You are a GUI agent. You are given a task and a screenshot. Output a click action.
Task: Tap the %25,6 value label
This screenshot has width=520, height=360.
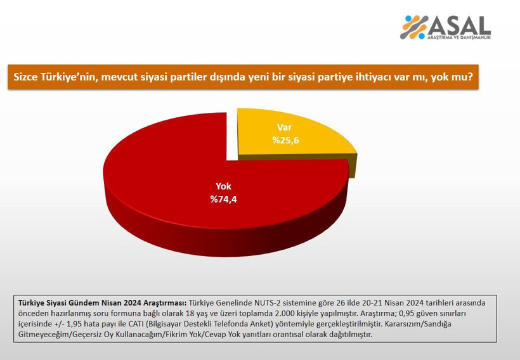click(285, 140)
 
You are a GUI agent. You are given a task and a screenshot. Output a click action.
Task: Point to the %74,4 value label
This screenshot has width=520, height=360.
click(223, 199)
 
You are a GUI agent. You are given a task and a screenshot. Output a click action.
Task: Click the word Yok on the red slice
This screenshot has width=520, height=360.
click(223, 187)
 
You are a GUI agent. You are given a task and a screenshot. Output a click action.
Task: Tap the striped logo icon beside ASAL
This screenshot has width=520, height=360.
click(415, 27)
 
